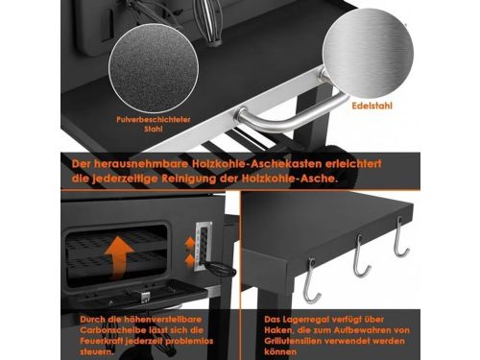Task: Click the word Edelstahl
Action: click(372, 106)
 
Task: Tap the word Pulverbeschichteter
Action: click(154, 120)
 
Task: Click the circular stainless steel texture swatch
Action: click(368, 54)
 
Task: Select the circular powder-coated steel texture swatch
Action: click(154, 68)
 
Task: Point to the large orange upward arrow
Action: click(119, 258)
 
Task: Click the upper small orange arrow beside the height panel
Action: click(190, 242)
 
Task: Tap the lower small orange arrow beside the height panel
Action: click(190, 260)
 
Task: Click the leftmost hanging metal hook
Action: click(311, 280)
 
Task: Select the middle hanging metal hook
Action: click(361, 256)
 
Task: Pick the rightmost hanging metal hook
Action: click(400, 237)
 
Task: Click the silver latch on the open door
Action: click(145, 298)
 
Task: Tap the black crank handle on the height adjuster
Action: click(221, 270)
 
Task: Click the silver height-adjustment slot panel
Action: click(203, 246)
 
